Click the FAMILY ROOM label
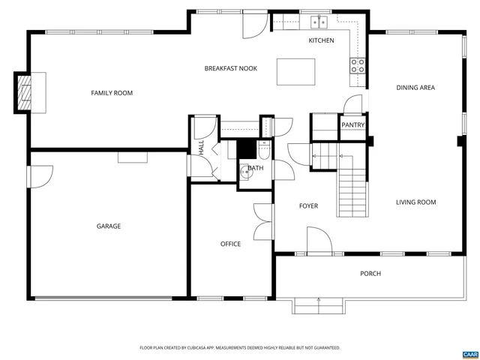112,93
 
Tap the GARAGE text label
108,226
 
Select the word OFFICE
230,244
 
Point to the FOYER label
308,205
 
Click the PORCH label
370,274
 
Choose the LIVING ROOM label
415,202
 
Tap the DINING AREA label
415,88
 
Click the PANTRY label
352,125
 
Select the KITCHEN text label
321,40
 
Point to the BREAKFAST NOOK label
231,68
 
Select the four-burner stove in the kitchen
358,66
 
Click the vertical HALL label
202,148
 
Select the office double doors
262,221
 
